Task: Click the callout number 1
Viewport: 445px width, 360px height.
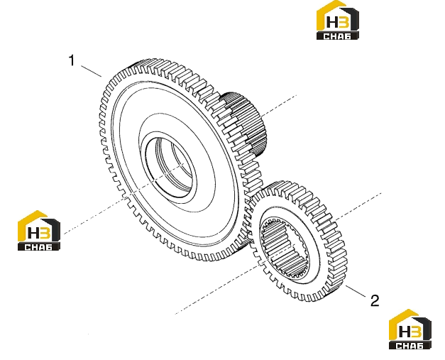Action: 72,60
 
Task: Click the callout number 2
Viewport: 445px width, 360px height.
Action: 375,300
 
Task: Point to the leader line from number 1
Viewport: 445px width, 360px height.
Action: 91,71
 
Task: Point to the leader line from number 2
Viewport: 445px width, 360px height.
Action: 356,291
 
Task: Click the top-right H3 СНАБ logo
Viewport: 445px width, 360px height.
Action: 337,20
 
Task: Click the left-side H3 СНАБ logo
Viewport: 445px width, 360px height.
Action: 39,230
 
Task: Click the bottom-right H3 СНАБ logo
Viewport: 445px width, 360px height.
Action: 410,329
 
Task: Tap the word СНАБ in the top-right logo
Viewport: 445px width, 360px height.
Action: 337,36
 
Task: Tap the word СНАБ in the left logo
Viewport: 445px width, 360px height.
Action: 39,247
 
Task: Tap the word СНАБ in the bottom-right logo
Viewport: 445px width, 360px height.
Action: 410,346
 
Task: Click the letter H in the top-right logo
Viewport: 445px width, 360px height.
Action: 331,22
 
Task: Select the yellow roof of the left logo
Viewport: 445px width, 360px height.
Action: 31,224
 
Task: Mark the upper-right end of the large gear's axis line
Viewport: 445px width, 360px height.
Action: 297,95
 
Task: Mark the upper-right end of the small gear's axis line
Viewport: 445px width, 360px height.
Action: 381,193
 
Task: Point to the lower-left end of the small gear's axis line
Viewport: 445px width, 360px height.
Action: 175,314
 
